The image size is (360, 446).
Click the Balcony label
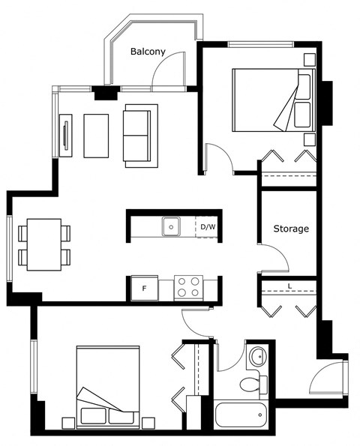148,52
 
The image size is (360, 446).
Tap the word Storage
291,229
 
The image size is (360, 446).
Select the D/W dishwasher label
208,227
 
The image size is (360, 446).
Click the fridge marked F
145,288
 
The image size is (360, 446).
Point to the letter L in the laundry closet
289,286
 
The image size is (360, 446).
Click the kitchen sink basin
171,226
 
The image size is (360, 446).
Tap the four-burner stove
188,288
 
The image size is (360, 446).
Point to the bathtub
241,415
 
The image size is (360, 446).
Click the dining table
44,244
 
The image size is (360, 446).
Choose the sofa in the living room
140,136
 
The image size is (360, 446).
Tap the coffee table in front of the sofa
96,136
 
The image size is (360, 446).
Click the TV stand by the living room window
66,136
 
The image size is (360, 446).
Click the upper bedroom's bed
274,100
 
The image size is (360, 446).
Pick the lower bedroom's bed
108,387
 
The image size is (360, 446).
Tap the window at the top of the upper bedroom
261,44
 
